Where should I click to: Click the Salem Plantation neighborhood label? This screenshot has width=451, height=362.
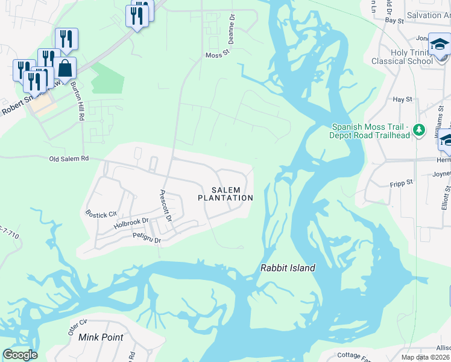point(225,194)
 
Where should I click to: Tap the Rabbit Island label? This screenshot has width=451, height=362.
point(288,268)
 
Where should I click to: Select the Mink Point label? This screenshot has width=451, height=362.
point(101,337)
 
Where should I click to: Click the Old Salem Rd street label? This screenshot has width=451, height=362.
point(69,159)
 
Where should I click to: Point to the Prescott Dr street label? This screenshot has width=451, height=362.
point(165,205)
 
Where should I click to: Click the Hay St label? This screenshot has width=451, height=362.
point(402,99)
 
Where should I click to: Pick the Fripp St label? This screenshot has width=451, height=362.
point(400,182)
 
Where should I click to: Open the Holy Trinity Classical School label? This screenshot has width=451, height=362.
point(412,57)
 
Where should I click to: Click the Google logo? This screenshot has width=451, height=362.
point(20,355)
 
